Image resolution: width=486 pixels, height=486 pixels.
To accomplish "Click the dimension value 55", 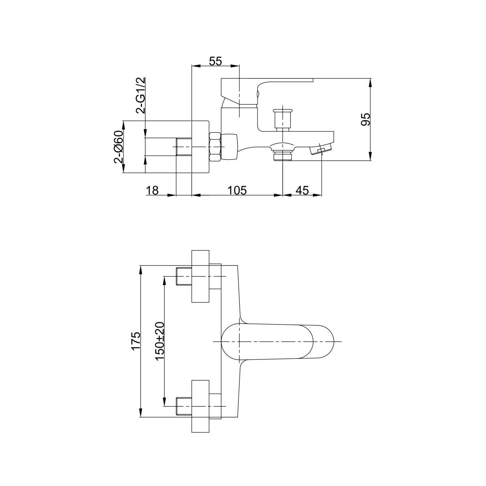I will (x=215, y=61).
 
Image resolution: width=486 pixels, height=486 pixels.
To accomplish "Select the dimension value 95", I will (x=365, y=119).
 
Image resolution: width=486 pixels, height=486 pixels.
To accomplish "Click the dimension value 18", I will (x=153, y=190).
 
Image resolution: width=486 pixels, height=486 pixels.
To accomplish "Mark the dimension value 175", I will (x=136, y=341).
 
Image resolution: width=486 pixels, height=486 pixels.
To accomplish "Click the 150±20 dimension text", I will (x=160, y=341).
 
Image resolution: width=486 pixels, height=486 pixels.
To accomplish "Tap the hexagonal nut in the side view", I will (x=215, y=147).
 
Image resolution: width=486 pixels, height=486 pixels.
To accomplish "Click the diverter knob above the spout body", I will (x=282, y=117).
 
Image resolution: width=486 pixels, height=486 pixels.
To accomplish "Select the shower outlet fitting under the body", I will (x=282, y=155).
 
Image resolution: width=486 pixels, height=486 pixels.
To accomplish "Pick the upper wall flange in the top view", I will (x=200, y=276).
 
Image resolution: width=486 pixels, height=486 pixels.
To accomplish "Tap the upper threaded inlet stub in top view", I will (x=184, y=276).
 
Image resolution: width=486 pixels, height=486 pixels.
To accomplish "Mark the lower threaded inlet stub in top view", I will (x=184, y=406).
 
